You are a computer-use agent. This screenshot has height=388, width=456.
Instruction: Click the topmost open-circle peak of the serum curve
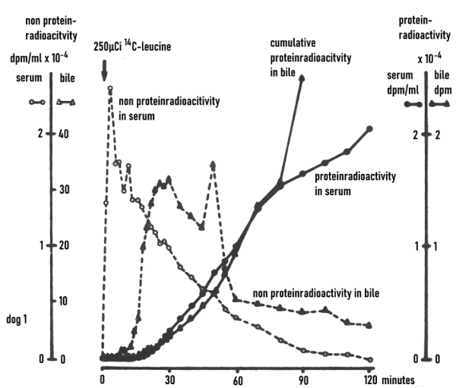pyautogui.click(x=110, y=89)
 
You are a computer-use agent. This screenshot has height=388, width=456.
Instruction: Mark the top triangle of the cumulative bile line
pyautogui.click(x=302, y=77)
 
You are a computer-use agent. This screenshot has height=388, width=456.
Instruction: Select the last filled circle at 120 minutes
pyautogui.click(x=369, y=129)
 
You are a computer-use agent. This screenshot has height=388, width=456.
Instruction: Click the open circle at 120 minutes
pyautogui.click(x=369, y=359)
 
